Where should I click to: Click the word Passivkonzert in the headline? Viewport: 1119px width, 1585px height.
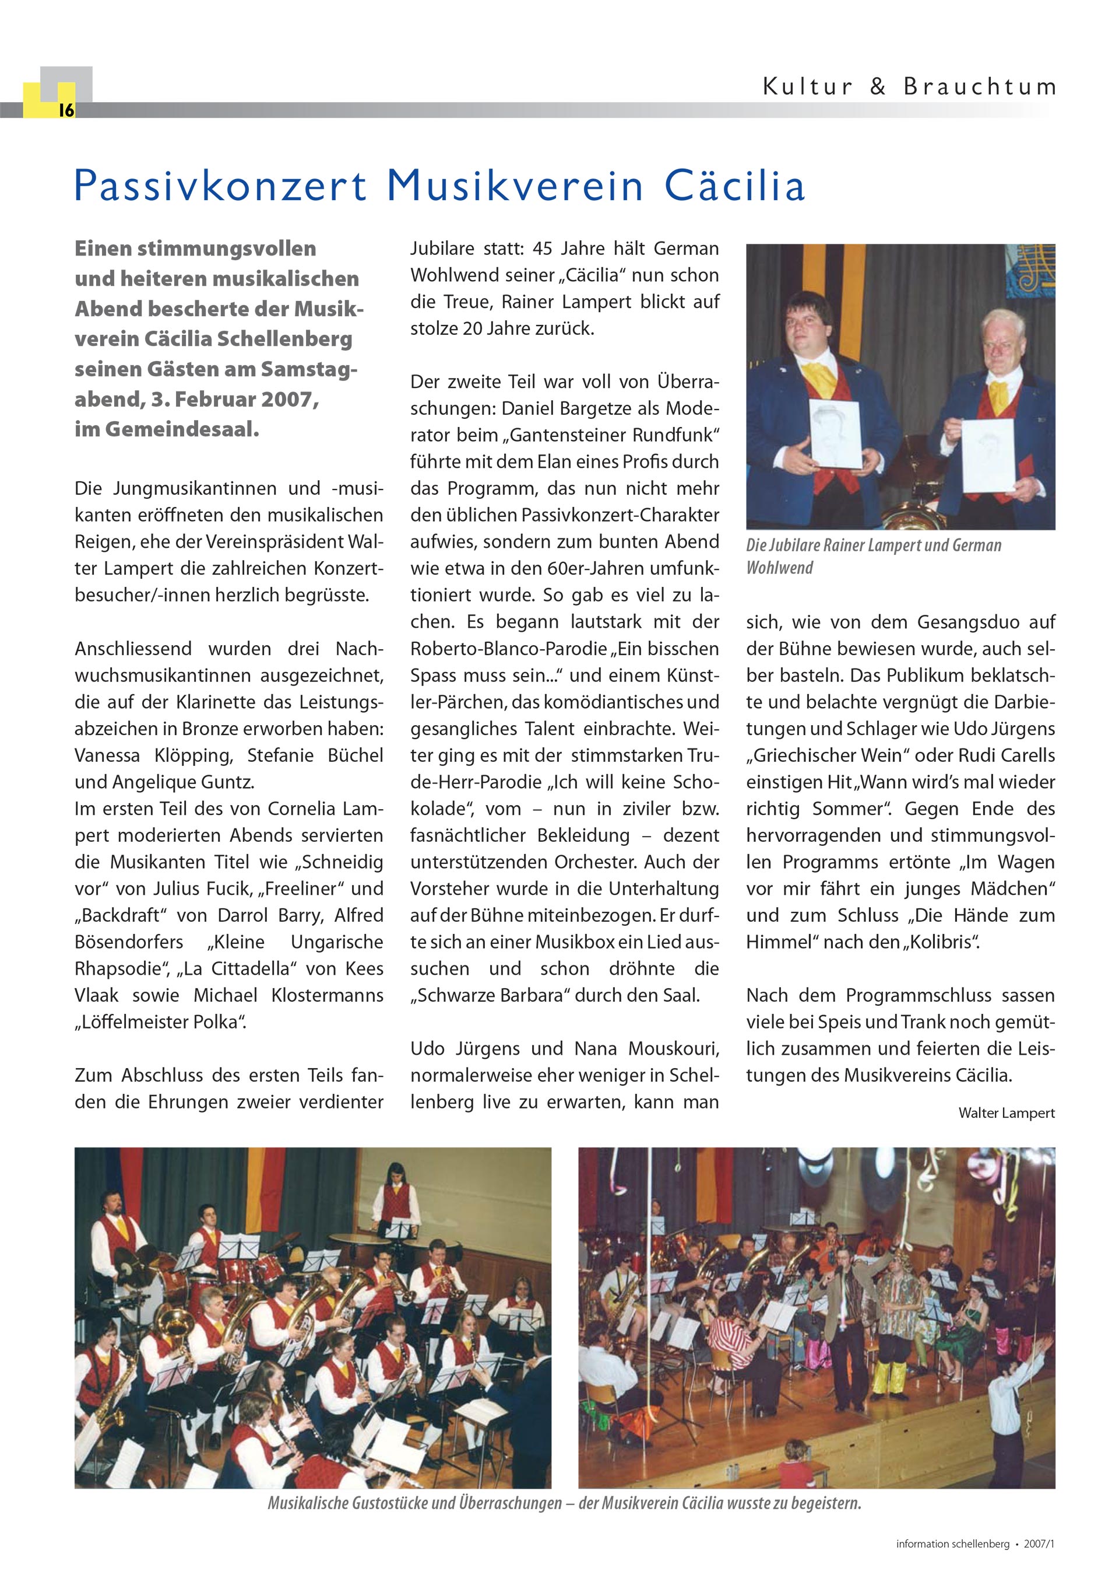(x=220, y=187)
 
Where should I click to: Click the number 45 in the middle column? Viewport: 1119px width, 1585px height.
(x=543, y=249)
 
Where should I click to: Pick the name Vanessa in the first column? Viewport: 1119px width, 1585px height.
(x=107, y=755)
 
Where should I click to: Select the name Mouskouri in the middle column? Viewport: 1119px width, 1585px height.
(x=673, y=1049)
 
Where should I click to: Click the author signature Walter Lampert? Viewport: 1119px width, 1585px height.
(x=1006, y=1113)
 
